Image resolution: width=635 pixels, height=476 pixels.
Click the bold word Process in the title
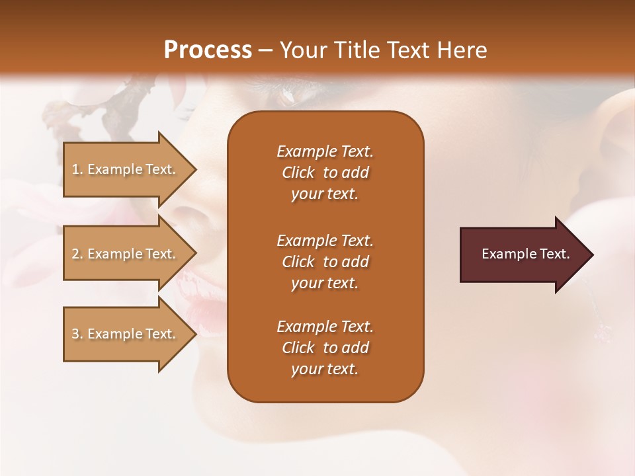point(208,50)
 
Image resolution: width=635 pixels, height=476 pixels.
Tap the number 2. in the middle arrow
point(77,254)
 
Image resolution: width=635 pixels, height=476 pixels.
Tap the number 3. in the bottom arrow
point(77,334)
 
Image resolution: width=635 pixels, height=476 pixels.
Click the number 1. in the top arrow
point(77,169)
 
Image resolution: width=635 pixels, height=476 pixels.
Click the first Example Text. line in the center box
point(325,151)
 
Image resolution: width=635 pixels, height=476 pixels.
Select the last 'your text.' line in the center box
point(325,369)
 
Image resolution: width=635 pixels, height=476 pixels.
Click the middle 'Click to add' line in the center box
point(325,262)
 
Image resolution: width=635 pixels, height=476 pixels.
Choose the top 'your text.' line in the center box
point(325,194)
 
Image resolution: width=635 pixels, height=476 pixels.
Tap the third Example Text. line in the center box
point(325,327)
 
